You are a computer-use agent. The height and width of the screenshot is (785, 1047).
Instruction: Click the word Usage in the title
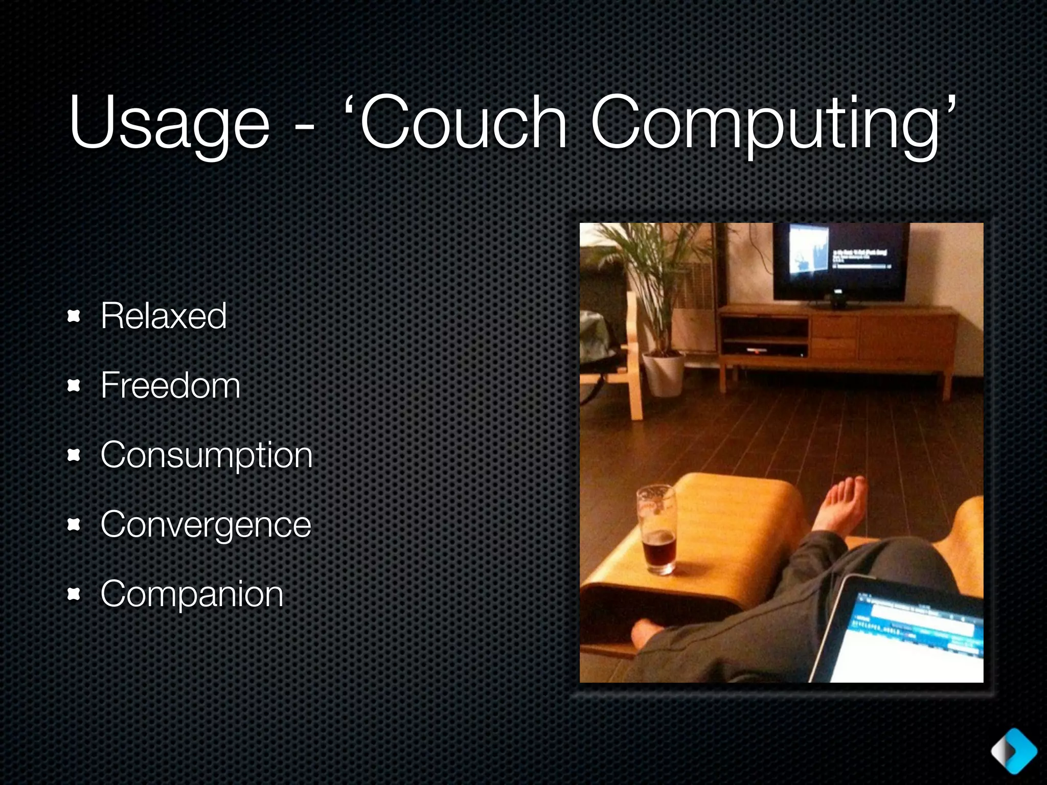point(169,123)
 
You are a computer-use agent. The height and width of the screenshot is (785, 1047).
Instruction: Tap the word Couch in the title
point(463,123)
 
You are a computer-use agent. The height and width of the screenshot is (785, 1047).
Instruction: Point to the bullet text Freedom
point(170,385)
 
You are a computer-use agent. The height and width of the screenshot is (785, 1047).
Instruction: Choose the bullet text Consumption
point(206,455)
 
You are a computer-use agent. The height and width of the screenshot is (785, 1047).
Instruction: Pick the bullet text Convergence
point(206,524)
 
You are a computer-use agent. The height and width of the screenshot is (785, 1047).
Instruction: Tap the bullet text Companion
point(192,594)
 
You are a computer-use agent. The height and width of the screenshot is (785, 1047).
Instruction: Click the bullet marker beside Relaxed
point(74,317)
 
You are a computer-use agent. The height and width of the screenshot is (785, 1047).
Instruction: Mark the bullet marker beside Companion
point(74,594)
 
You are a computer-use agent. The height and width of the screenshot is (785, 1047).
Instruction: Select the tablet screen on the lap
point(915,639)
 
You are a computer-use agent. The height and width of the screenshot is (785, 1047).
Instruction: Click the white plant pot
point(663,374)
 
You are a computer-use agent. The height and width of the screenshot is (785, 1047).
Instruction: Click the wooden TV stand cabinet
point(838,337)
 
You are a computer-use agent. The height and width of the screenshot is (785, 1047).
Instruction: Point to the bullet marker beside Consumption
point(74,455)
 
